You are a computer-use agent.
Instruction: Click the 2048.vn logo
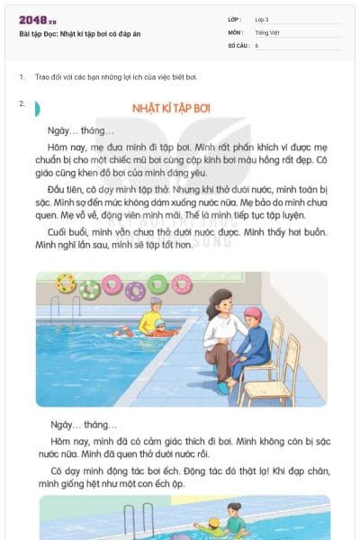point(37,20)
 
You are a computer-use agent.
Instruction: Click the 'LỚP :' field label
point(236,19)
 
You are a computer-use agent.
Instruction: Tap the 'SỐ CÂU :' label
point(239,44)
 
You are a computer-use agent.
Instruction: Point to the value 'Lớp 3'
point(262,19)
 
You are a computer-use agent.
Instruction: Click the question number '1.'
point(22,77)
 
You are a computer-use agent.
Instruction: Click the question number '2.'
point(22,103)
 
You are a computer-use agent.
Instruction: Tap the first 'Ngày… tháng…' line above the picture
point(82,130)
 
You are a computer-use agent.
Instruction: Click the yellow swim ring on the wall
point(66,283)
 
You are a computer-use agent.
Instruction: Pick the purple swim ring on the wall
point(135,291)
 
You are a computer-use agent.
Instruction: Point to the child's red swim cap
point(252,314)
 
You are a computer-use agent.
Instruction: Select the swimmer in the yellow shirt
point(149,321)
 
